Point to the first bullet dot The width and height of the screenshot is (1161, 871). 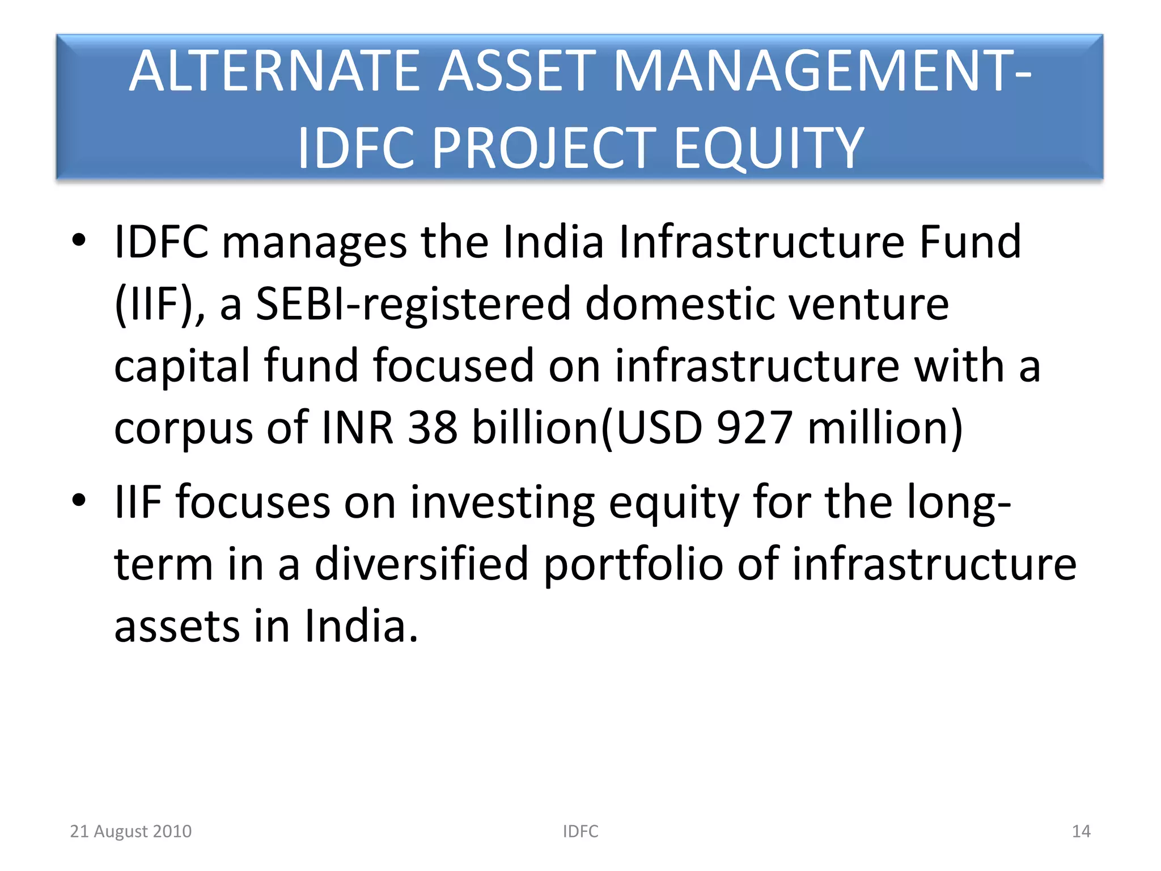click(x=79, y=240)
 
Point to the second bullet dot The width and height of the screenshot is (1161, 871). click(x=79, y=500)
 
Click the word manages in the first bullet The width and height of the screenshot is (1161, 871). click(x=314, y=243)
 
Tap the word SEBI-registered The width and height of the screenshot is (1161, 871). click(x=413, y=305)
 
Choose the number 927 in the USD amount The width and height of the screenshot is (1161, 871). click(x=754, y=428)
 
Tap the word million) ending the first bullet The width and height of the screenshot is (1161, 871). click(x=885, y=428)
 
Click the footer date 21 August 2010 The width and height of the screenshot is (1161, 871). click(x=131, y=831)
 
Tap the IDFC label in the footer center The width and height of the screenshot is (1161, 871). click(x=580, y=831)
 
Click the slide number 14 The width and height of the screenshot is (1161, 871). click(x=1081, y=831)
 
